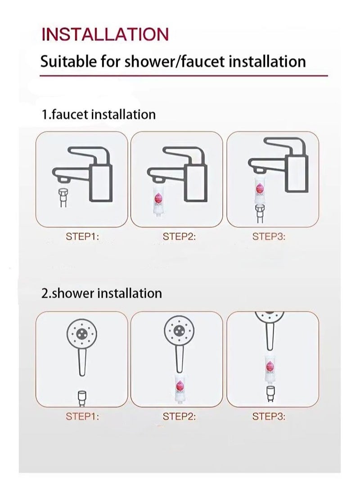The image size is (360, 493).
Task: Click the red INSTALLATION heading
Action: (105, 34)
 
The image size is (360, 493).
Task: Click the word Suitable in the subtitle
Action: (67, 61)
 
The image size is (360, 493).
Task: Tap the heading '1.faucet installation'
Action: (99, 114)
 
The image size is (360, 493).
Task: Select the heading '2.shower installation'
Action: (101, 293)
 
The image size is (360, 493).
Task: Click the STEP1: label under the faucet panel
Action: (82, 237)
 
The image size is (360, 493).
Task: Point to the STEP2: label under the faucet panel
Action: (179, 237)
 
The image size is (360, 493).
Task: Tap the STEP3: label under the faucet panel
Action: (269, 237)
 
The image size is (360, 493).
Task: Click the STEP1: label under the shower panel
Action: (82, 416)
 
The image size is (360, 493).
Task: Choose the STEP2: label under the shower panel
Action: (179, 416)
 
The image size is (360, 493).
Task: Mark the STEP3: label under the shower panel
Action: (269, 416)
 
